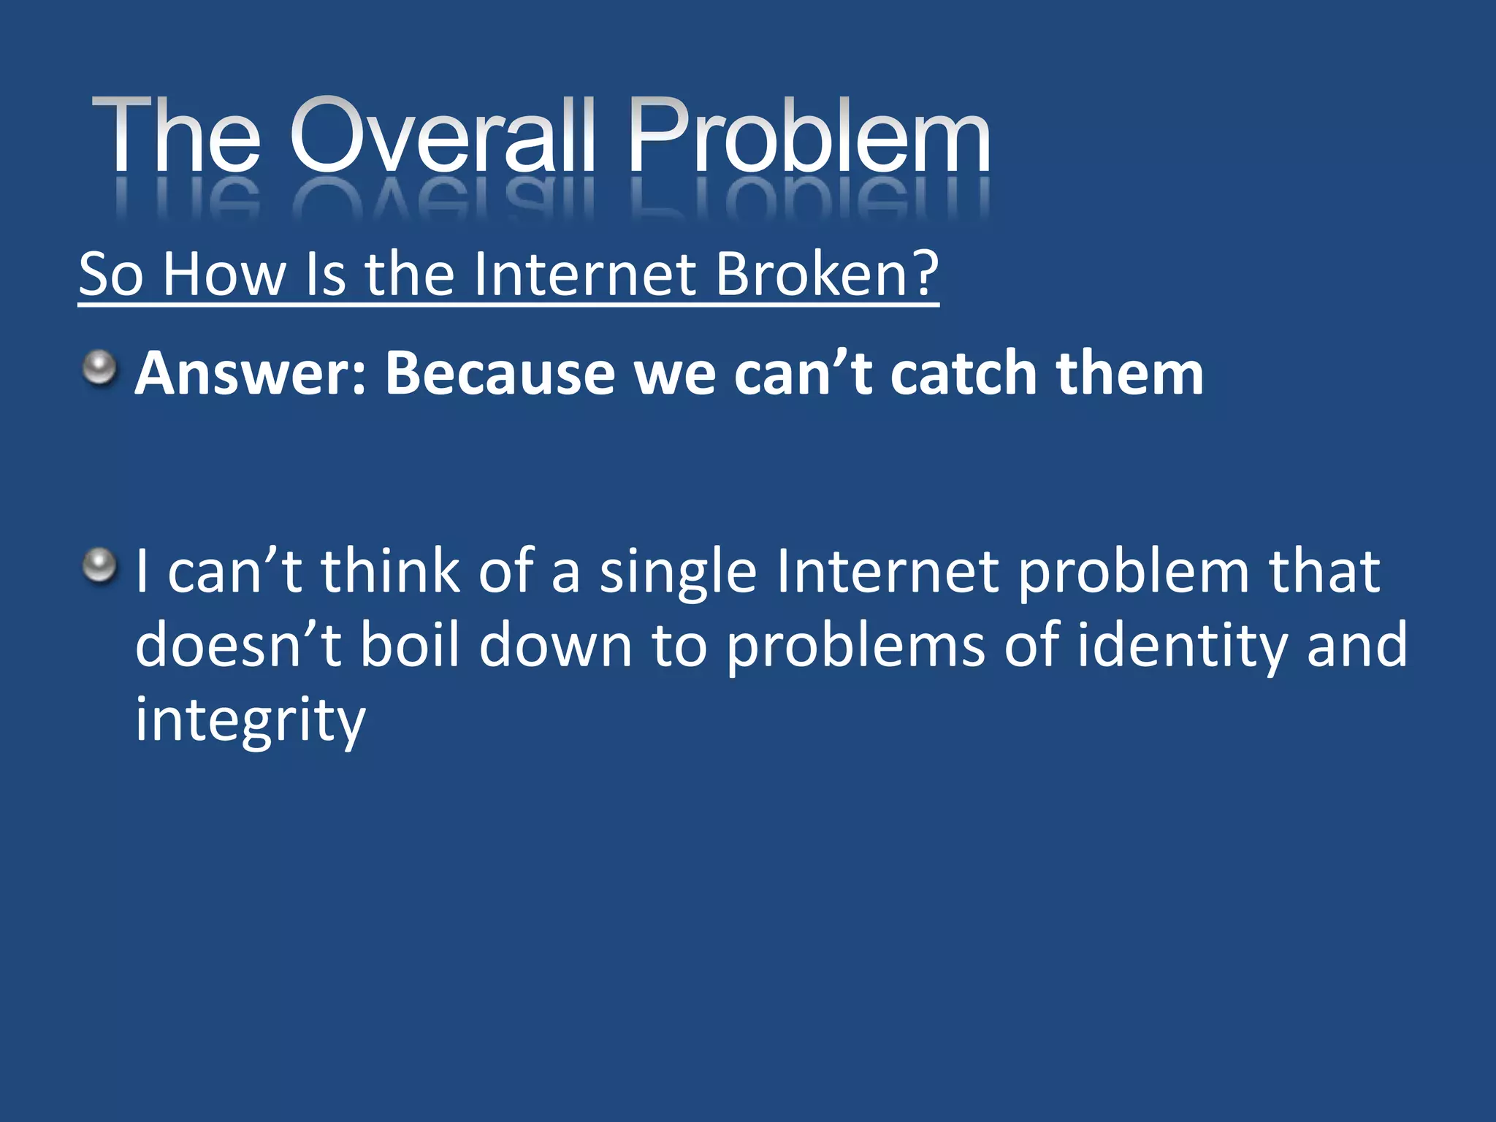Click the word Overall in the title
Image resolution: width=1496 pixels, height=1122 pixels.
coord(442,137)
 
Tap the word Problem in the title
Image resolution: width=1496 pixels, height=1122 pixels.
coord(809,137)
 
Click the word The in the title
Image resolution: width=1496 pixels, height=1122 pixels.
coord(175,137)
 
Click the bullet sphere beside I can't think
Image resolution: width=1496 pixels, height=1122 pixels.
coord(99,566)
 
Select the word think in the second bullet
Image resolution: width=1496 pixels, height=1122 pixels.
coord(391,571)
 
